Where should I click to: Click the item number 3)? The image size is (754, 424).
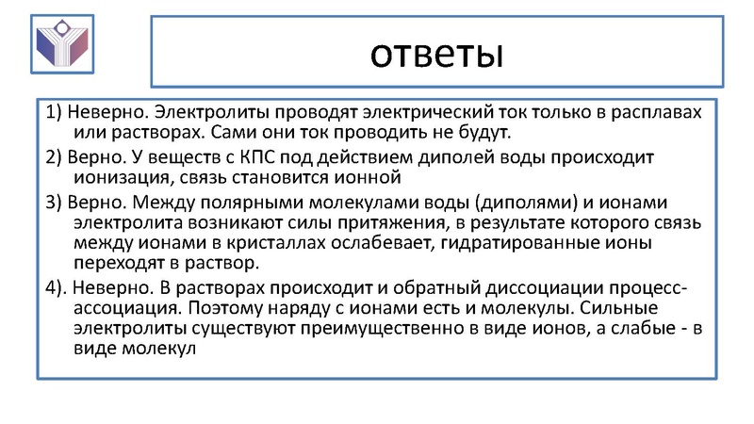[x=52, y=202]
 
